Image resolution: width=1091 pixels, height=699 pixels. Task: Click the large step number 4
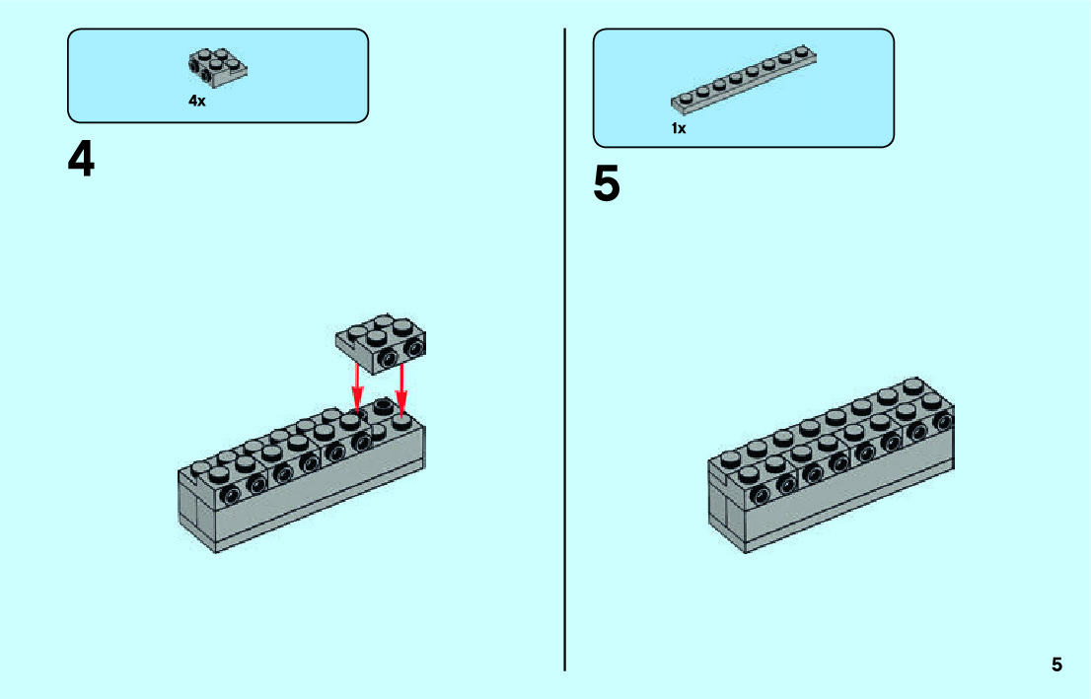point(81,159)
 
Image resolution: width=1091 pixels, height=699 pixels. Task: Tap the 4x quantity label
point(197,101)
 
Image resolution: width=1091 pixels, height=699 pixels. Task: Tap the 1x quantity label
point(679,128)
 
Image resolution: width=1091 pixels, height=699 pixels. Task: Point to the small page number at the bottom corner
point(1056,664)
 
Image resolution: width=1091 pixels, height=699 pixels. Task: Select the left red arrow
point(357,387)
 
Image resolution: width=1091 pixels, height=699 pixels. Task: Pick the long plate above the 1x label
point(744,78)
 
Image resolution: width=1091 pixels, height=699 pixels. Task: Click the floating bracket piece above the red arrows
point(381,341)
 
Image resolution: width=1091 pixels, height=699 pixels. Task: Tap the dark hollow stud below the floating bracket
point(382,406)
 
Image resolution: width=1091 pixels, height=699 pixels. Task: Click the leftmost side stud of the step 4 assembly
point(230,494)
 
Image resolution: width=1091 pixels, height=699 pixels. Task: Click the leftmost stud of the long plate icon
point(680,99)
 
